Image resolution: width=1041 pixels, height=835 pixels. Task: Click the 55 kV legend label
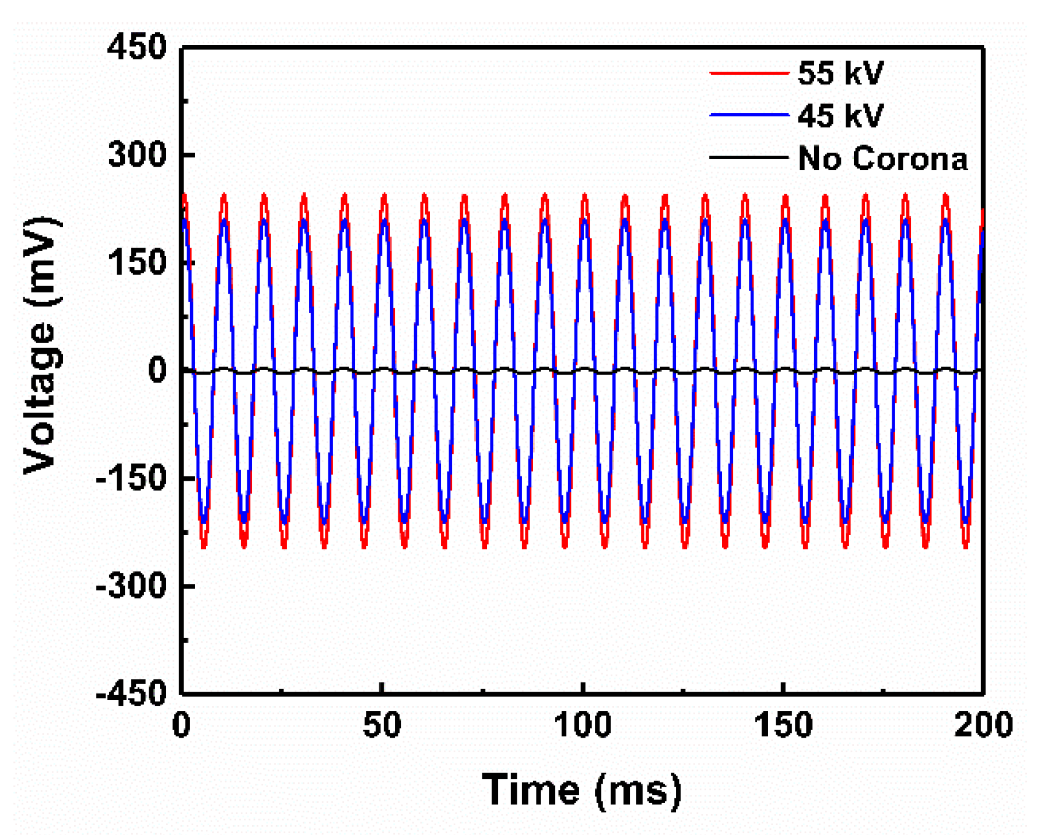pyautogui.click(x=840, y=73)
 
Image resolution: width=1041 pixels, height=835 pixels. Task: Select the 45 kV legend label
pyautogui.click(x=840, y=115)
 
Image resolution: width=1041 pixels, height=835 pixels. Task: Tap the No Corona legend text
pyautogui.click(x=882, y=158)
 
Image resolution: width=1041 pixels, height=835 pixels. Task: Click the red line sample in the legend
pyautogui.click(x=749, y=73)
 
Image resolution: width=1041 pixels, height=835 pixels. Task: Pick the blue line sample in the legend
pyautogui.click(x=749, y=115)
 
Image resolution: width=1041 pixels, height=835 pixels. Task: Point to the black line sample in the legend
pyautogui.click(x=749, y=157)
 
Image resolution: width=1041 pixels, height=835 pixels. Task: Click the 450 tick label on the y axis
pyautogui.click(x=137, y=47)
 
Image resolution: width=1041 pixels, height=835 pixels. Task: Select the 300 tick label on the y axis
pyautogui.click(x=137, y=155)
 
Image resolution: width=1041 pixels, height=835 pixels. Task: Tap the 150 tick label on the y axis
pyautogui.click(x=137, y=262)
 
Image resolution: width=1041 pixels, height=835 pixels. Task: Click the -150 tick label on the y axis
pyautogui.click(x=131, y=478)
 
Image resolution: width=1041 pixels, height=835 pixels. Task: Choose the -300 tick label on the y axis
pyautogui.click(x=131, y=585)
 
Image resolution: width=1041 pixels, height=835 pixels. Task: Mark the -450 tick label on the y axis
pyautogui.click(x=131, y=693)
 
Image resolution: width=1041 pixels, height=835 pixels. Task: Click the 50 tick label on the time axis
pyautogui.click(x=382, y=725)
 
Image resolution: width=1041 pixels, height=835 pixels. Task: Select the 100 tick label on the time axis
pyautogui.click(x=583, y=725)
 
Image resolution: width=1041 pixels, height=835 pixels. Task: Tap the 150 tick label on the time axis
pyautogui.click(x=783, y=725)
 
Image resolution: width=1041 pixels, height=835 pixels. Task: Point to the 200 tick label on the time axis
pyautogui.click(x=983, y=725)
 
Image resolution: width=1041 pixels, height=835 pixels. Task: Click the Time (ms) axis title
pyautogui.click(x=581, y=791)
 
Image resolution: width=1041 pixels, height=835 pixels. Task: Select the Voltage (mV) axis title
pyautogui.click(x=41, y=345)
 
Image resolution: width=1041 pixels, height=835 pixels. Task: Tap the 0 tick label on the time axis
pyautogui.click(x=181, y=725)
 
